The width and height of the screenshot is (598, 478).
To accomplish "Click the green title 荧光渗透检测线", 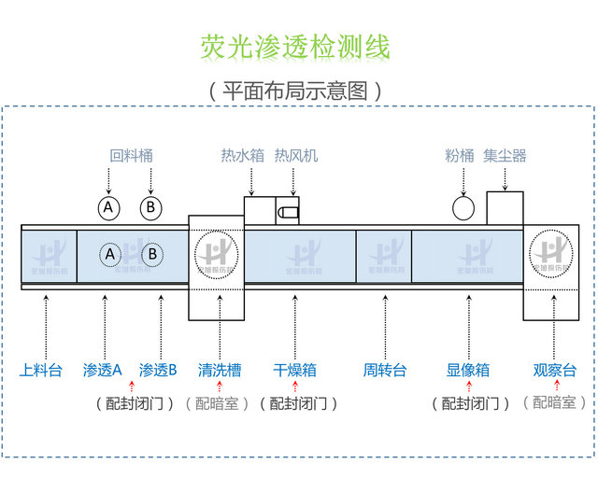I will tap(295, 47).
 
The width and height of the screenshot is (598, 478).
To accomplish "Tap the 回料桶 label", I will tap(131, 156).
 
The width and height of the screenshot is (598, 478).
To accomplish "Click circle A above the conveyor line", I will tap(110, 207).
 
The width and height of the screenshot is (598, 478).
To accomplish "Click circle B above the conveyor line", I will tap(151, 207).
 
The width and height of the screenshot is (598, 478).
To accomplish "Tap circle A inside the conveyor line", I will tap(110, 254).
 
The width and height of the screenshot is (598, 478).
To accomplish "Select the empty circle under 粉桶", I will tap(463, 207).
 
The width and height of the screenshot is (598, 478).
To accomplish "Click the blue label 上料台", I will tap(41, 370).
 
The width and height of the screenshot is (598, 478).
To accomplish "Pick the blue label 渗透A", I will tap(103, 370).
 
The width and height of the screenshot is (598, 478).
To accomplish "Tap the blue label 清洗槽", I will tap(219, 370).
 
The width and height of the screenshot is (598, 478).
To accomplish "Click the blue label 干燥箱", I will tap(295, 370).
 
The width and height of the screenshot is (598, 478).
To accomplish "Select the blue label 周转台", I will tap(385, 370).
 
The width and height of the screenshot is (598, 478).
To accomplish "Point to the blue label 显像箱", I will tap(468, 370).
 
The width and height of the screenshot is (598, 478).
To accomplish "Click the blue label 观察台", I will tap(555, 370).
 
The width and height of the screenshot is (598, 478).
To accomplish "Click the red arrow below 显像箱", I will tap(469, 387).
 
